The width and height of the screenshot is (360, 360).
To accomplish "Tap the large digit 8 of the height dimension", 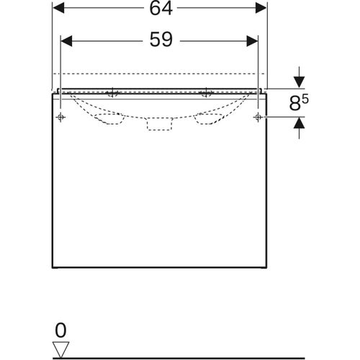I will pyautogui.click(x=294, y=103).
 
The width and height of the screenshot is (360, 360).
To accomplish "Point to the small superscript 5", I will pyautogui.click(x=306, y=98).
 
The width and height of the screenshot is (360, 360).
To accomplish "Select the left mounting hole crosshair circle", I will pyautogui.click(x=61, y=116).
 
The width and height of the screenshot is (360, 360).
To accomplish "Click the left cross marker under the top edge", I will pyautogui.click(x=112, y=93).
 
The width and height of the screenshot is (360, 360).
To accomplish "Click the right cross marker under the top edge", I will pyautogui.click(x=207, y=93).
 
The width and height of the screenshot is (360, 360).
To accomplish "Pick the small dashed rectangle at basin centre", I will pyautogui.click(x=159, y=125).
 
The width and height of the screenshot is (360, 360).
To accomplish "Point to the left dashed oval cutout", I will pyautogui.click(x=109, y=118).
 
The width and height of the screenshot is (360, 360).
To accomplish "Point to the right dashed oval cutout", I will pyautogui.click(x=209, y=118).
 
